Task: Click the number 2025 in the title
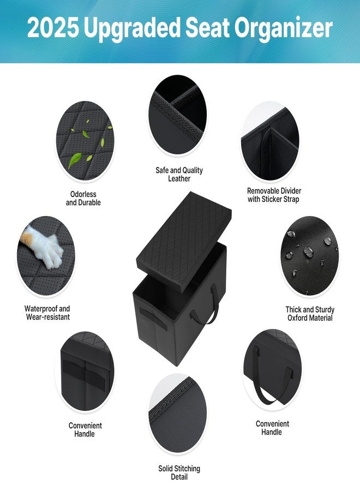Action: (53, 28)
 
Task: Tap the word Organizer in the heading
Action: (283, 29)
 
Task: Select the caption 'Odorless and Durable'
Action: (83, 198)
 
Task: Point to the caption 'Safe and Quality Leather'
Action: (179, 175)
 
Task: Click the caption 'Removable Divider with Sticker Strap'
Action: (274, 195)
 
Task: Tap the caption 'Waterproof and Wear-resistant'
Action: (47, 313)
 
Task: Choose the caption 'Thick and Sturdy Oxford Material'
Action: (310, 314)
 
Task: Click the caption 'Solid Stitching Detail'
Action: (179, 472)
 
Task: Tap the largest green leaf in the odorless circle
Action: (75, 160)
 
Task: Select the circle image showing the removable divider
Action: (270, 142)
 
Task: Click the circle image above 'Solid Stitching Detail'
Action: (177, 414)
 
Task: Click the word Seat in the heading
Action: (208, 28)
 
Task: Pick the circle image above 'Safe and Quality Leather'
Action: (177, 115)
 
